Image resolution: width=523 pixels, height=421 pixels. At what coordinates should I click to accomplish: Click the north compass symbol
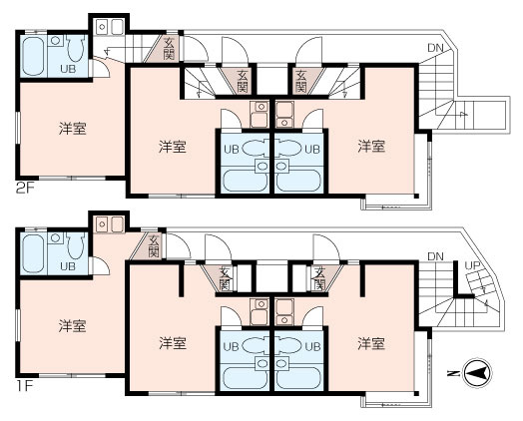point(478,373)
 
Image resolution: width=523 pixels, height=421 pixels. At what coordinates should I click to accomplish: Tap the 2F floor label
point(25,189)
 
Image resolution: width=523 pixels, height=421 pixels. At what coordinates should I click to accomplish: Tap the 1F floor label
point(24,386)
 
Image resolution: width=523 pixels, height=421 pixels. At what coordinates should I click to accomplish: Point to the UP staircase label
point(473,265)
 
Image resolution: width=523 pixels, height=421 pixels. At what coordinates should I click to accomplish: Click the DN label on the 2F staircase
point(435,48)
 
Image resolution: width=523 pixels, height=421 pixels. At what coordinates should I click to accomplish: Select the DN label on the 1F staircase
point(435,256)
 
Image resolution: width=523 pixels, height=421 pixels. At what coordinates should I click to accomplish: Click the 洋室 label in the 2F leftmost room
point(73,129)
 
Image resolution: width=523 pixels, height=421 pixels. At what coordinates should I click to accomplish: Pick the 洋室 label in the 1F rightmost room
point(371,343)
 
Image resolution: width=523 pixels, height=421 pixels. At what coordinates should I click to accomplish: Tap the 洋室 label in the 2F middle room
point(172,147)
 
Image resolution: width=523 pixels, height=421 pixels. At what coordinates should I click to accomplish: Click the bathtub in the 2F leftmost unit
point(33,56)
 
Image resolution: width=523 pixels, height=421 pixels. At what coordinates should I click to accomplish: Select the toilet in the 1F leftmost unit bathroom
point(76,245)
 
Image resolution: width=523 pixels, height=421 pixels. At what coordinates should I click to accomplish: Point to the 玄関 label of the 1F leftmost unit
point(154,246)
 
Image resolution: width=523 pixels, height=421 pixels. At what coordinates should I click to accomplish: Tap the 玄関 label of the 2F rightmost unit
point(300,82)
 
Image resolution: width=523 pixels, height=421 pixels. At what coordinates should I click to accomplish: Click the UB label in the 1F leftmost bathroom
point(68,266)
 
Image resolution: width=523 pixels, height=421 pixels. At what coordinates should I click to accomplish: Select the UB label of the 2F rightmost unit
point(312,149)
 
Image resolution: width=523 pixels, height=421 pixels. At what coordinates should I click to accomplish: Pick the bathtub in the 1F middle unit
point(245,378)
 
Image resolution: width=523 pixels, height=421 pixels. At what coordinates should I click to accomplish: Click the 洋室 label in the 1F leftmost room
point(73,326)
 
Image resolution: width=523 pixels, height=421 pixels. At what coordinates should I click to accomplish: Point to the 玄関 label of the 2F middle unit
point(243,82)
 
